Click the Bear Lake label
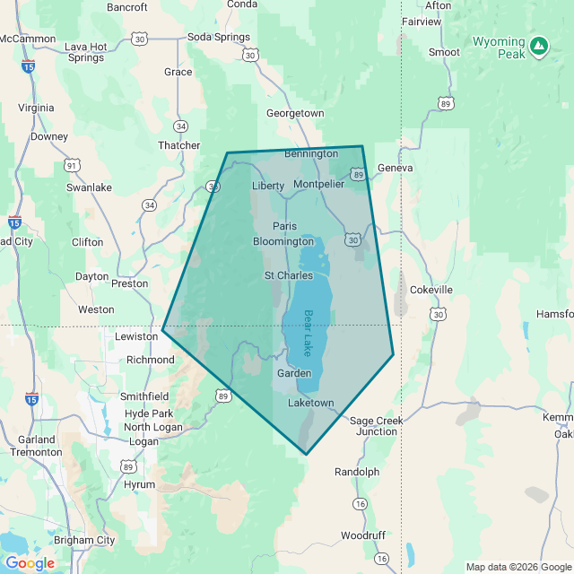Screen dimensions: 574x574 tap(308, 333)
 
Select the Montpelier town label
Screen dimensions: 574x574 tap(318, 184)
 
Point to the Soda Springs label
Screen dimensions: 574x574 tap(219, 37)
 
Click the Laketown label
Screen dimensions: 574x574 tap(310, 404)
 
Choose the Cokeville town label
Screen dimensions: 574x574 tap(430, 290)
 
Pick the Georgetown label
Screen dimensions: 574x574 tap(295, 113)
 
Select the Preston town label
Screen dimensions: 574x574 tap(129, 283)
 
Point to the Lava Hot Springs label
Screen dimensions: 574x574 tap(86, 52)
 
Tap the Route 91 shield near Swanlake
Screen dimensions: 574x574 tap(72, 165)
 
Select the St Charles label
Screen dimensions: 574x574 tap(288, 275)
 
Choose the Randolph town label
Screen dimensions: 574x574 tap(357, 472)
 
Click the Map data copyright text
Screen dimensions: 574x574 tap(517, 566)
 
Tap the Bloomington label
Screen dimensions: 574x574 tap(283, 242)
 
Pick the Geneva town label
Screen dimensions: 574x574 tap(395, 168)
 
